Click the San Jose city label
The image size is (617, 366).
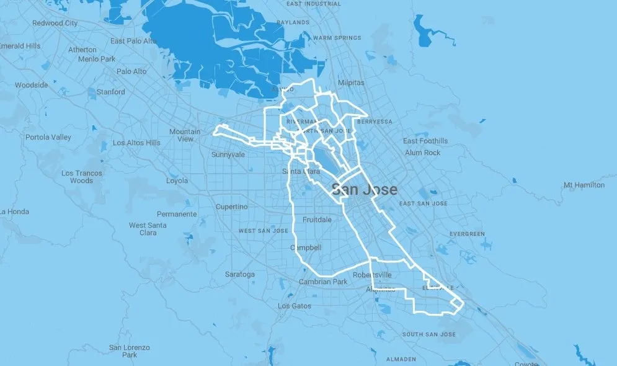tap(364, 190)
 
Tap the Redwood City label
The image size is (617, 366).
tap(55, 23)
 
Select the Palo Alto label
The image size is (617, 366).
tap(131, 71)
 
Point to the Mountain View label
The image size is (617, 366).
tap(185, 135)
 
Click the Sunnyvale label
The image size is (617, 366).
tap(229, 154)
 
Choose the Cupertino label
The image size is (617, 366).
tap(231, 207)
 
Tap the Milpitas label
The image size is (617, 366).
tap(352, 83)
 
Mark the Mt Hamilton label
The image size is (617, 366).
tap(584, 185)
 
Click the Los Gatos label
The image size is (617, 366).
tap(295, 306)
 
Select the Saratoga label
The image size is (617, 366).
tap(239, 274)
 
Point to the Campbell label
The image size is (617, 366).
tap(306, 248)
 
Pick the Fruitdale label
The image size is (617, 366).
tap(317, 220)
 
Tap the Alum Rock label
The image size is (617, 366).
tap(422, 153)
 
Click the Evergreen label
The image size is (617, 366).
tap(467, 234)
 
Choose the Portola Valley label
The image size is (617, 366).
tap(48, 137)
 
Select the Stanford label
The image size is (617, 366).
tap(110, 92)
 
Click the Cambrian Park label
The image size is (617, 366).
tap(323, 282)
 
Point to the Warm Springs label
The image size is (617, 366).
tap(337, 38)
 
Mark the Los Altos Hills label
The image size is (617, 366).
tap(136, 143)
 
